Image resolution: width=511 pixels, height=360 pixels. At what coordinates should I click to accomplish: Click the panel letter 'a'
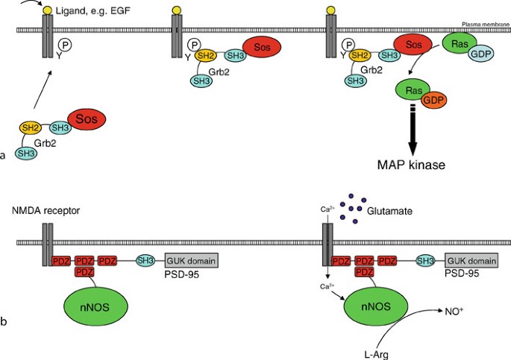pyautogui.click(x=4, y=155)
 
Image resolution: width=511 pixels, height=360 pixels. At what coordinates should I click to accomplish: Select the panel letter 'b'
pyautogui.click(x=4, y=322)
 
